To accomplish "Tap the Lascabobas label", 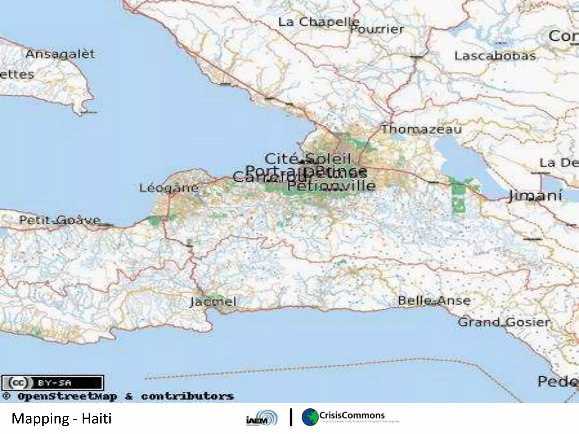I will [x=495, y=56].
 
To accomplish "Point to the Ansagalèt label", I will [x=60, y=54].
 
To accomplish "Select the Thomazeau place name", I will [x=422, y=129].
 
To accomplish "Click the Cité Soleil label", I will [x=308, y=159].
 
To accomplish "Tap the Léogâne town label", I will [x=169, y=188].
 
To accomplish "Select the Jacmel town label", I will [x=213, y=302].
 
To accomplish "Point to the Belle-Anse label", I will [x=434, y=301].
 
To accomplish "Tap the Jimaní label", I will [x=535, y=196].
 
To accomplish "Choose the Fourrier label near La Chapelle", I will [x=377, y=29].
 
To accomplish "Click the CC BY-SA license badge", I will [x=53, y=383].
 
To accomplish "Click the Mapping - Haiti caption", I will [x=61, y=418].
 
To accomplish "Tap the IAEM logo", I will [x=262, y=418].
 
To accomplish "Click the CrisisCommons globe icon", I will [x=310, y=417].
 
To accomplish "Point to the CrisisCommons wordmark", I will [x=352, y=415].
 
